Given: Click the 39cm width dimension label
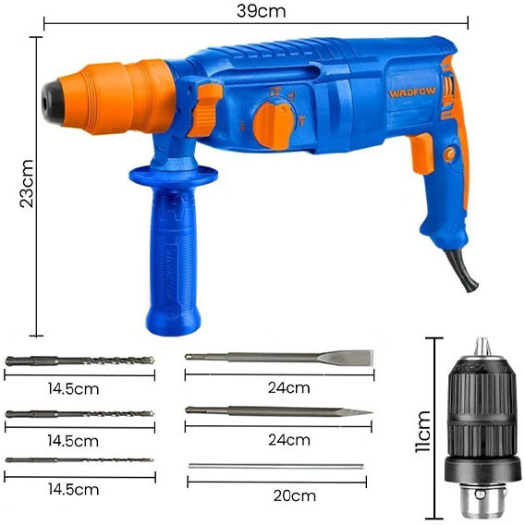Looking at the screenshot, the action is (261, 11).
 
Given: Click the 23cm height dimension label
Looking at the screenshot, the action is (27, 184).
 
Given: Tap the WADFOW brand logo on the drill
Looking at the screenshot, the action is (412, 92).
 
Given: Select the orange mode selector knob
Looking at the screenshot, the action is (274, 125).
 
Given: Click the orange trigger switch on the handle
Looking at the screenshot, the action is (422, 153).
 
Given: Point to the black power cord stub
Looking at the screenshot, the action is (462, 270).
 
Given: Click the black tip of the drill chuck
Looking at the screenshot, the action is (53, 101).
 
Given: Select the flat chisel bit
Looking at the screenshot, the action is (279, 358).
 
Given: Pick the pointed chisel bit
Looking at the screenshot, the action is (279, 411).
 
